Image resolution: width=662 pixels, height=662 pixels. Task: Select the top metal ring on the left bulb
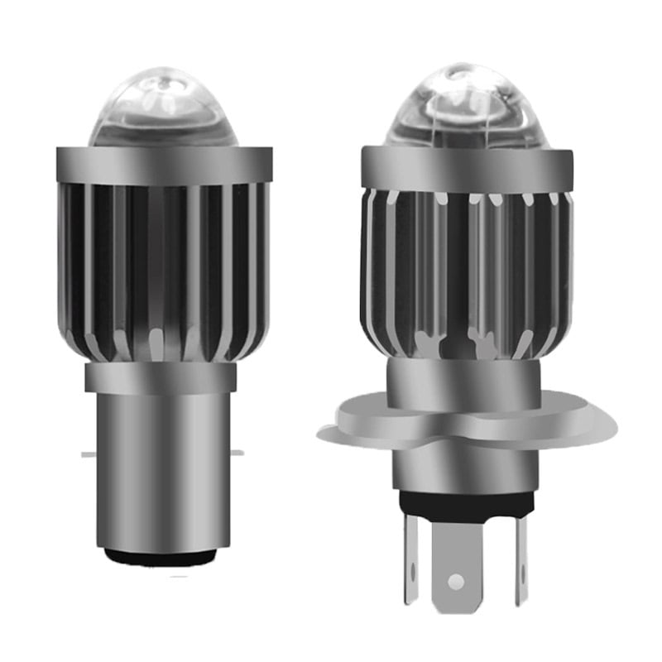click(164, 165)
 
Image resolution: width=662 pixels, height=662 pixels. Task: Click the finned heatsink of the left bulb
click(164, 273)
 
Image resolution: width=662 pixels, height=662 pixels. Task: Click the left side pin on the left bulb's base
click(89, 453)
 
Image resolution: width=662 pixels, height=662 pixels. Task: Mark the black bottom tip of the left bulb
click(164, 556)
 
